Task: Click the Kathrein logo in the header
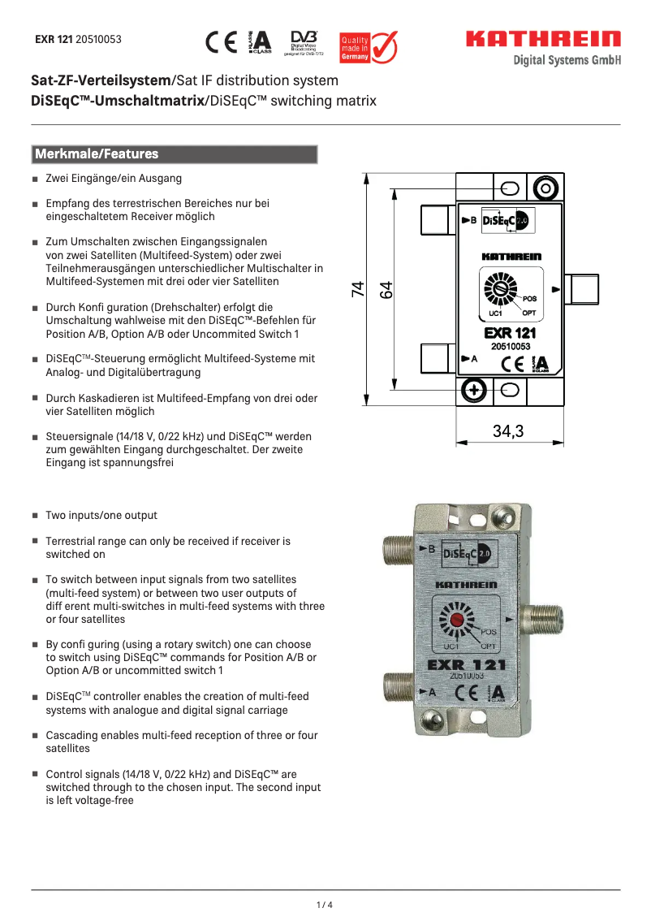click(543, 39)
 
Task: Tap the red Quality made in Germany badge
click(368, 47)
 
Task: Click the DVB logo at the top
click(304, 42)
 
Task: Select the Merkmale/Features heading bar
click(174, 154)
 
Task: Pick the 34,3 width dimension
click(508, 431)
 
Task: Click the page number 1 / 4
click(325, 905)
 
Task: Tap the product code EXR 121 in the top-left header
click(54, 39)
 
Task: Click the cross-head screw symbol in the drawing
click(472, 391)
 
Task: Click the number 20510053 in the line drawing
click(510, 346)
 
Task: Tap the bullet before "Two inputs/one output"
click(36, 516)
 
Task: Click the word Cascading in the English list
click(72, 735)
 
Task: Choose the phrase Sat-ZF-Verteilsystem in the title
click(101, 81)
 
